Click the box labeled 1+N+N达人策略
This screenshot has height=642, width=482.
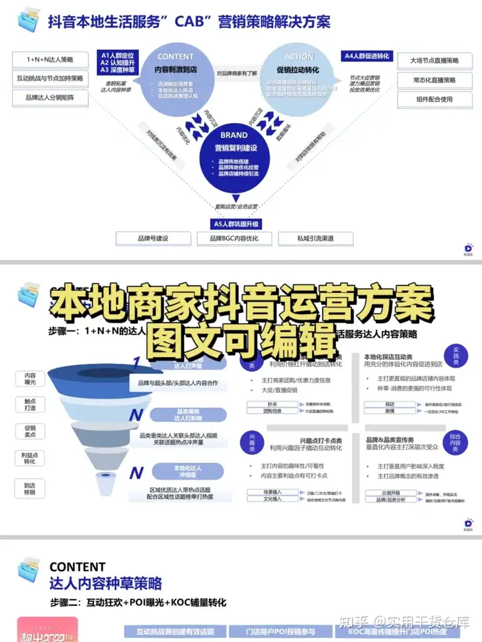pos(50,59)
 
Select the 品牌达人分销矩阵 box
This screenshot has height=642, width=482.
pos(50,98)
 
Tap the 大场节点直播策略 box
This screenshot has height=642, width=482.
pos(434,60)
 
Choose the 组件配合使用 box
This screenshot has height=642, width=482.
pos(434,100)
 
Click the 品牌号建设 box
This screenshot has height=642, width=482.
pos(153,238)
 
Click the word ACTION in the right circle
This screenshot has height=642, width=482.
pos(299,57)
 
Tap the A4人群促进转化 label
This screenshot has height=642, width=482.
pos(366,57)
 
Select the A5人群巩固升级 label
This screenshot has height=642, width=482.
pos(236,223)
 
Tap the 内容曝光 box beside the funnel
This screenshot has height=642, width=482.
pos(30,378)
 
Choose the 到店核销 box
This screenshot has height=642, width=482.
pos(30,490)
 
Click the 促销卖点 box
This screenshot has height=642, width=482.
pos(30,432)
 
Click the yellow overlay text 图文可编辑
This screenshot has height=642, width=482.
pos(241,339)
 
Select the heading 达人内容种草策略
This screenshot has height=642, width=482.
pos(105,584)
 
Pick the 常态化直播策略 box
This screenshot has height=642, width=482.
pos(434,80)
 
